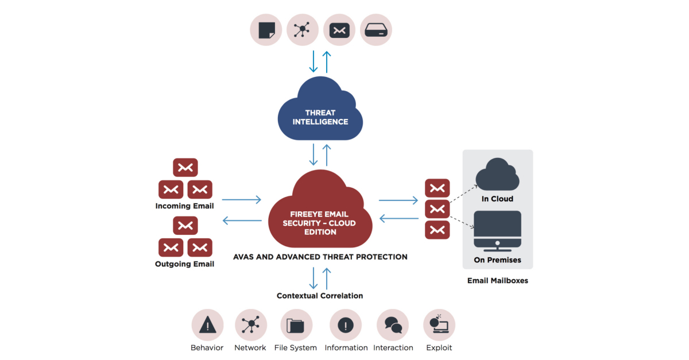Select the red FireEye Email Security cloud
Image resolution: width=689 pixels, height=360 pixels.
tap(319, 215)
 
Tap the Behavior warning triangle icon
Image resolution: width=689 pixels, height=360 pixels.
tap(207, 325)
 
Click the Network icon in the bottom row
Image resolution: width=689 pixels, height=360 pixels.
tap(250, 325)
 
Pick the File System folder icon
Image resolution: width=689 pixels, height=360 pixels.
tap(296, 325)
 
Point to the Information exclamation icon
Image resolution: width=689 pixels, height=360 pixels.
tap(346, 325)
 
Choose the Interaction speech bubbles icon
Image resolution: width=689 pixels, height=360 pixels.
tap(393, 325)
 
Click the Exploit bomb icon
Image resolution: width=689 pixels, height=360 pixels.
tap(439, 325)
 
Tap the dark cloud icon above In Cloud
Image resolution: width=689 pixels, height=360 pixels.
tap(498, 175)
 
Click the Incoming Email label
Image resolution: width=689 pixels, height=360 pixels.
tap(184, 206)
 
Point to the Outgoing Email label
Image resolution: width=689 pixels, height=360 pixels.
tap(184, 264)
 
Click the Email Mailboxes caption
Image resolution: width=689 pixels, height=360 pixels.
tap(497, 281)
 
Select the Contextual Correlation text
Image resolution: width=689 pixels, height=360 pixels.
tap(320, 296)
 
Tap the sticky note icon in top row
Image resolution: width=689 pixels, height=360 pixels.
tap(266, 29)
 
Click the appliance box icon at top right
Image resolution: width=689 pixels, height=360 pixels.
tap(376, 29)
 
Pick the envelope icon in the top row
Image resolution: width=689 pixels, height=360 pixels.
tap(339, 29)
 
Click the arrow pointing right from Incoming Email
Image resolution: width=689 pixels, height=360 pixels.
tap(241, 200)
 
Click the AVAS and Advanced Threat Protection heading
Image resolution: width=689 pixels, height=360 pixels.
tap(320, 257)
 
